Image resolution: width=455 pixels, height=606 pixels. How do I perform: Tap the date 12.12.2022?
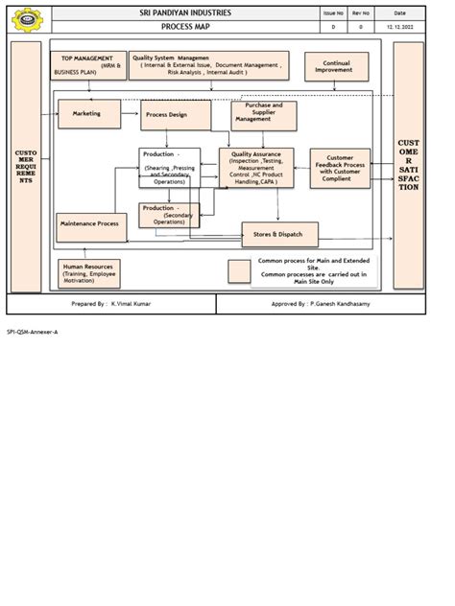click(x=400, y=27)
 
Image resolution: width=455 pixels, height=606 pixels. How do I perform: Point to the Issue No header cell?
click(x=333, y=12)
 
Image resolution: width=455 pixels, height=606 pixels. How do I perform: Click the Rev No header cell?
click(x=361, y=12)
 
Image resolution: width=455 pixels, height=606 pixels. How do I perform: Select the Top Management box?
click(x=88, y=64)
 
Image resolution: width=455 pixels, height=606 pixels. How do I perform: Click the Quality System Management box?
click(x=208, y=64)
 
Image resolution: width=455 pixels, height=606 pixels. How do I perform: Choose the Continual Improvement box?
click(x=336, y=66)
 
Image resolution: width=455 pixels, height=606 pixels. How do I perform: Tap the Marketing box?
click(x=89, y=114)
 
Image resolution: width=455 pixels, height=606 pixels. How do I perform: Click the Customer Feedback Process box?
click(x=339, y=168)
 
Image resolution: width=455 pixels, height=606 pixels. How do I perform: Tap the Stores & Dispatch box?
click(x=278, y=234)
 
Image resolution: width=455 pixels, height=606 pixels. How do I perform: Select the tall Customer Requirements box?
click(x=26, y=165)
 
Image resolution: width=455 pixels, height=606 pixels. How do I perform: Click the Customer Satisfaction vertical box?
click(x=408, y=165)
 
